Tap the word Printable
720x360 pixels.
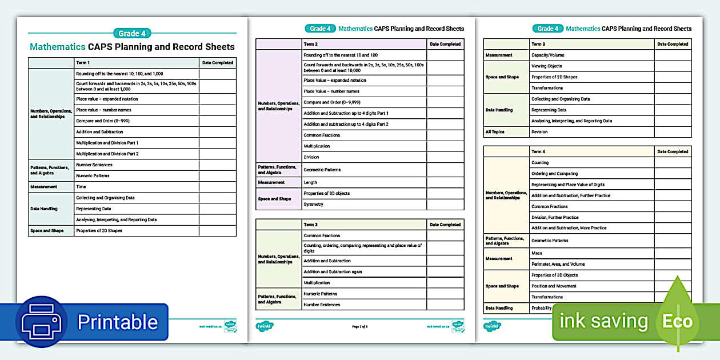pyautogui.click(x=118, y=322)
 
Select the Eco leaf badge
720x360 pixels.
pyautogui.click(x=677, y=321)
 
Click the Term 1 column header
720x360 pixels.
pyautogui.click(x=83, y=63)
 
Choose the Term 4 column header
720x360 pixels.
pyautogui.click(x=538, y=151)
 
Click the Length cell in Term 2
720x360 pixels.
pyautogui.click(x=310, y=182)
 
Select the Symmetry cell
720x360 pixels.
pyautogui.click(x=313, y=204)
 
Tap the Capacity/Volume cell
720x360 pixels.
pyautogui.click(x=547, y=55)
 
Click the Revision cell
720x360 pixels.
pyautogui.click(x=539, y=132)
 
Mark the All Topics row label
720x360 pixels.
pyautogui.click(x=496, y=132)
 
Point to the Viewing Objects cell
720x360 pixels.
pyautogui.click(x=546, y=66)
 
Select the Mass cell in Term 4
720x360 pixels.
pyautogui.click(x=537, y=253)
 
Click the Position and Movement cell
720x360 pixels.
pyautogui.click(x=554, y=286)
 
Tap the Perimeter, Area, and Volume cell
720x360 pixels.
pyautogui.click(x=558, y=264)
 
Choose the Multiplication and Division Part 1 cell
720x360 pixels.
pyautogui.click(x=107, y=143)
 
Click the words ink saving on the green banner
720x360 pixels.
pyautogui.click(x=603, y=321)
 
